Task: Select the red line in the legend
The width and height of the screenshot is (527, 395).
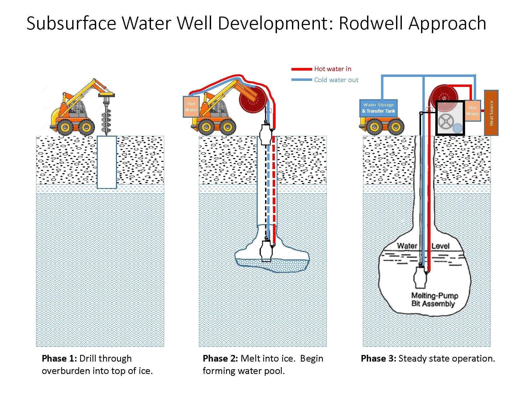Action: pyautogui.click(x=301, y=69)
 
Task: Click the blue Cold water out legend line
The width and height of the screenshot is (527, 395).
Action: pyautogui.click(x=301, y=80)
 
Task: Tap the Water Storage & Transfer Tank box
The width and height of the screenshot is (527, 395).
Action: pyautogui.click(x=378, y=108)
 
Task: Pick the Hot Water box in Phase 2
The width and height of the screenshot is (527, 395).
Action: pyautogui.click(x=191, y=107)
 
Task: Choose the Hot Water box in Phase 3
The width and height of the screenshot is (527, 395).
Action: pyautogui.click(x=472, y=111)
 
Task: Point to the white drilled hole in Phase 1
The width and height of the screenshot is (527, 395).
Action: pyautogui.click(x=107, y=162)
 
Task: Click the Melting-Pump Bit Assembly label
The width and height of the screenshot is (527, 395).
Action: pyautogui.click(x=435, y=299)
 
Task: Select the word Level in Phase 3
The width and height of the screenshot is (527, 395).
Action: pyautogui.click(x=440, y=246)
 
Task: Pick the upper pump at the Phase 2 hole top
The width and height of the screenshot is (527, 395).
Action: pyautogui.click(x=266, y=134)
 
